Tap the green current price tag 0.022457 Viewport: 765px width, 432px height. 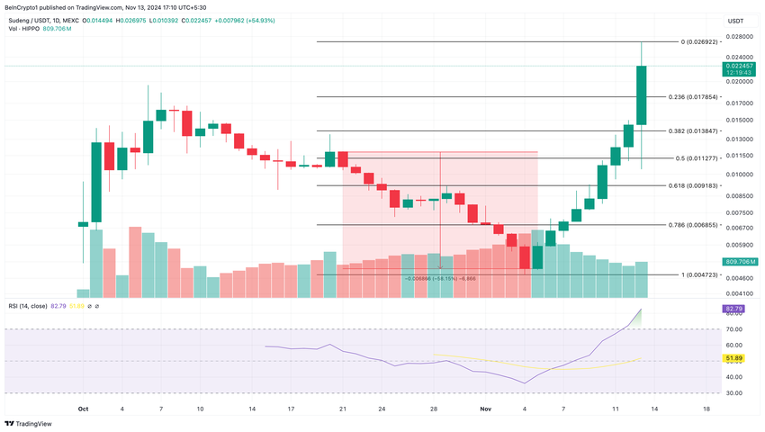[x=737, y=66]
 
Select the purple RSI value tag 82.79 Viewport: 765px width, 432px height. [x=733, y=309]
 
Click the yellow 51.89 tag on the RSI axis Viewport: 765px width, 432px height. [x=733, y=358]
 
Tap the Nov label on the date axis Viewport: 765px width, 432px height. [x=485, y=409]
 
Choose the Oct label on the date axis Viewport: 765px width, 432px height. [x=83, y=409]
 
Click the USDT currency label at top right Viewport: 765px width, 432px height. [x=736, y=20]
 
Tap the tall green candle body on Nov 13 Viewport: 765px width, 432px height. [x=642, y=94]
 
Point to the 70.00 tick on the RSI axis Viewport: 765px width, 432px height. [x=733, y=329]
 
